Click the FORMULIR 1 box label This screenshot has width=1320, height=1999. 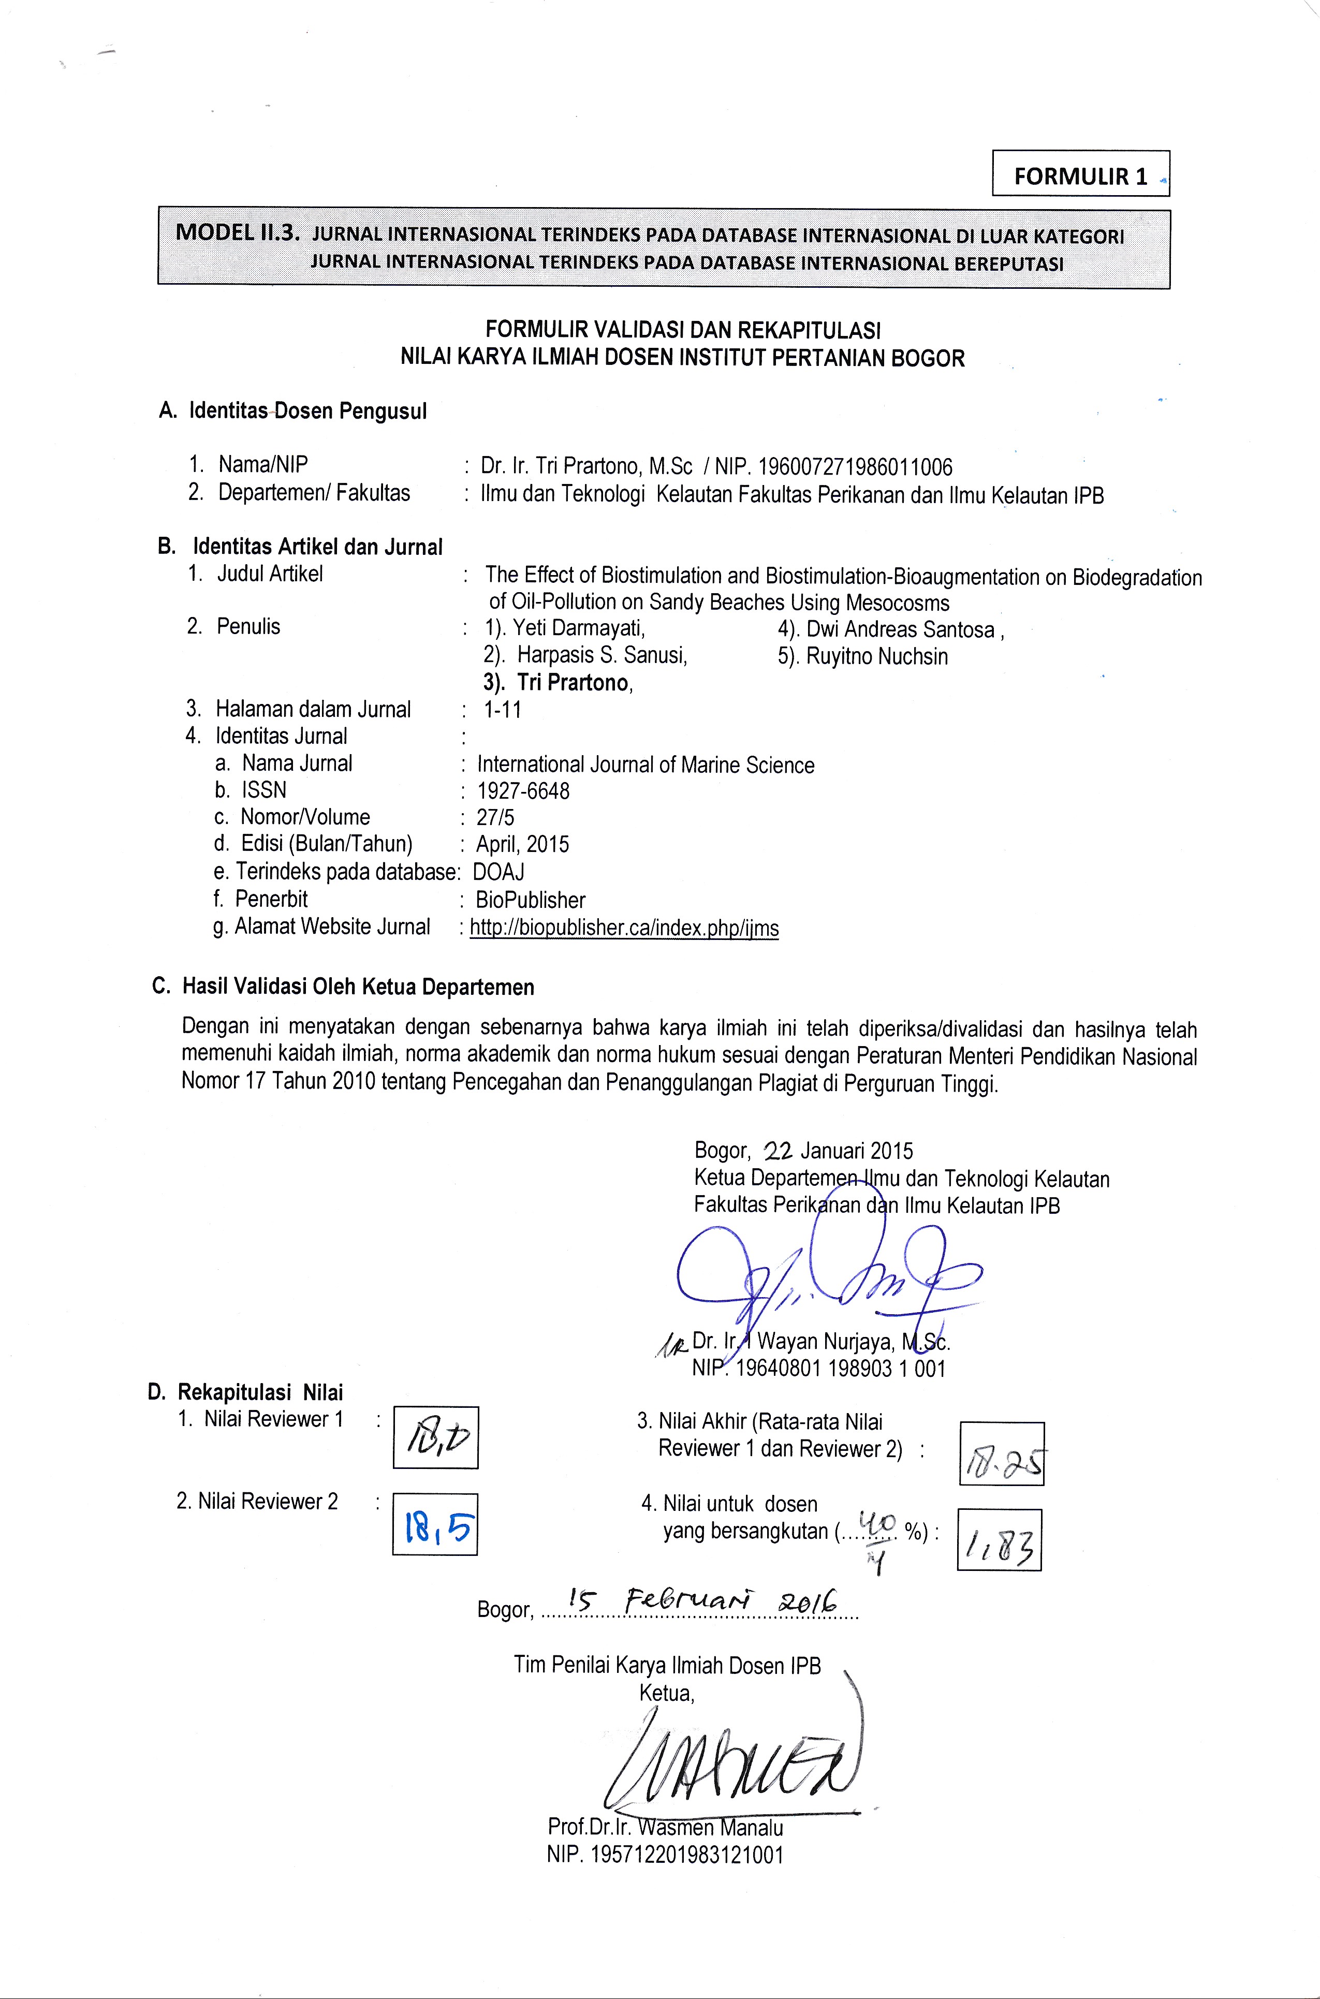1080,176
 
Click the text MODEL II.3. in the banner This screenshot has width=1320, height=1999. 238,233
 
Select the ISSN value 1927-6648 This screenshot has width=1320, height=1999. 523,791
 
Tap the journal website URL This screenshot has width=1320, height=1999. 624,929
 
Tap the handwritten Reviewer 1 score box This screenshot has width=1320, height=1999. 435,1437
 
